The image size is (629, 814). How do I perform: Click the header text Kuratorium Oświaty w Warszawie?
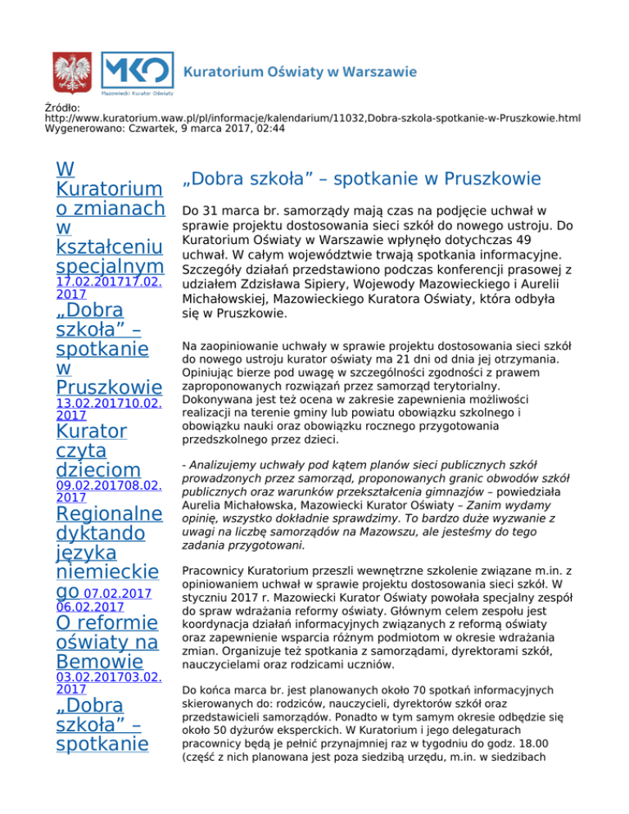point(301,72)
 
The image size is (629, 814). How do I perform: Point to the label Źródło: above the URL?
point(62,107)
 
